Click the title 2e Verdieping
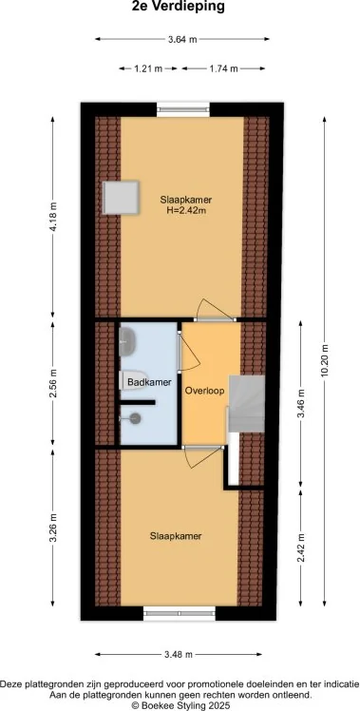[x=179, y=7]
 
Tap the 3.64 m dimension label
[x=182, y=40]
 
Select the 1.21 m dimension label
[x=148, y=69]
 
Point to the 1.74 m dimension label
[x=223, y=69]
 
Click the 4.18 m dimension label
[x=53, y=217]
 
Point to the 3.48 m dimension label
[x=179, y=654]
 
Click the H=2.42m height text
[x=186, y=210]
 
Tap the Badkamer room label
[x=149, y=383]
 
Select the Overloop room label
[x=204, y=392]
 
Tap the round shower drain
[x=136, y=419]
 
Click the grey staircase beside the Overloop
[x=246, y=404]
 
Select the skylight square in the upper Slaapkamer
[x=121, y=198]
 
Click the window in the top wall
[x=183, y=109]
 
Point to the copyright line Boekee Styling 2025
[x=180, y=705]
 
